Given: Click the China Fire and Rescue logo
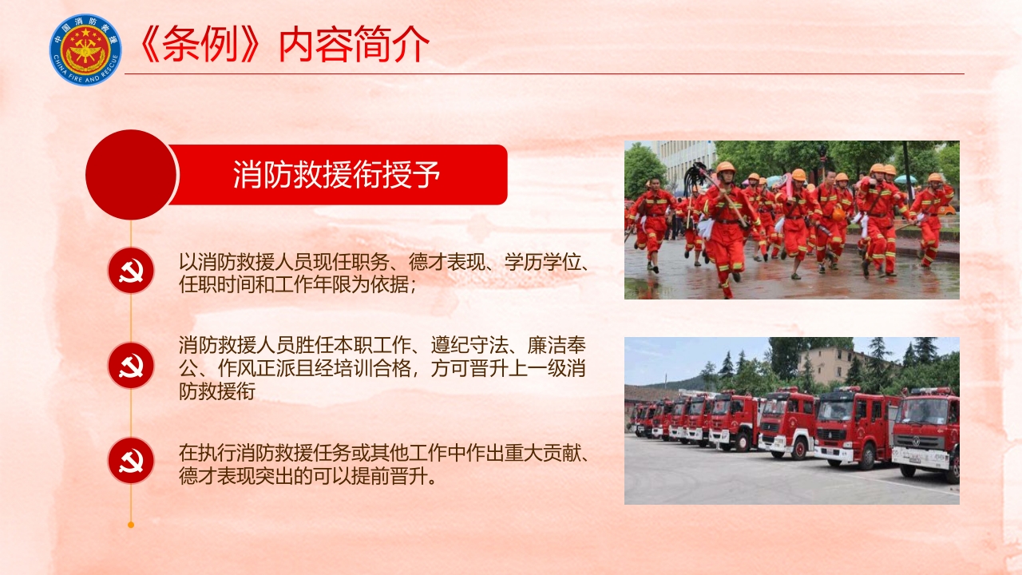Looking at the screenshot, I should [85, 50].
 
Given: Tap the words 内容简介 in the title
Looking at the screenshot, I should [354, 46].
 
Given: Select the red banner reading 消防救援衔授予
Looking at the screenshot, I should [338, 175].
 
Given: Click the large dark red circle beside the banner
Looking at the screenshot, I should [130, 175].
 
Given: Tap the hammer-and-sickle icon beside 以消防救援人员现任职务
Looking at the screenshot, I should [131, 271].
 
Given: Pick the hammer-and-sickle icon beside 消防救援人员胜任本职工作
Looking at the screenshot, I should [131, 366].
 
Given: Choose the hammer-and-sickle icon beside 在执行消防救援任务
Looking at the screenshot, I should [131, 461].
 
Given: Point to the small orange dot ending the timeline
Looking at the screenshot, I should [131, 525].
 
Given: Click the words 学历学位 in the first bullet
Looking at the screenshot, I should [547, 262].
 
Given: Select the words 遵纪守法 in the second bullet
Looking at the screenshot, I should [469, 346].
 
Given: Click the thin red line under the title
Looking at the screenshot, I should [543, 73].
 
